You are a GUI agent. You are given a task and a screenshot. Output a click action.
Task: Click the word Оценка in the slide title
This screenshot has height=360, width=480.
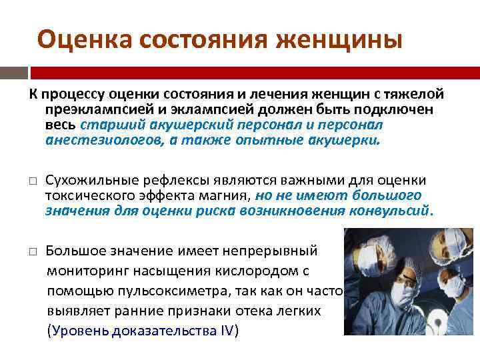coord(77,40)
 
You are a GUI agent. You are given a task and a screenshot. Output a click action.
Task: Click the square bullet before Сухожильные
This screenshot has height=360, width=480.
coord(32,181)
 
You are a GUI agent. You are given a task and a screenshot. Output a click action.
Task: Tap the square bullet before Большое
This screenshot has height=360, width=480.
coord(32,252)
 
